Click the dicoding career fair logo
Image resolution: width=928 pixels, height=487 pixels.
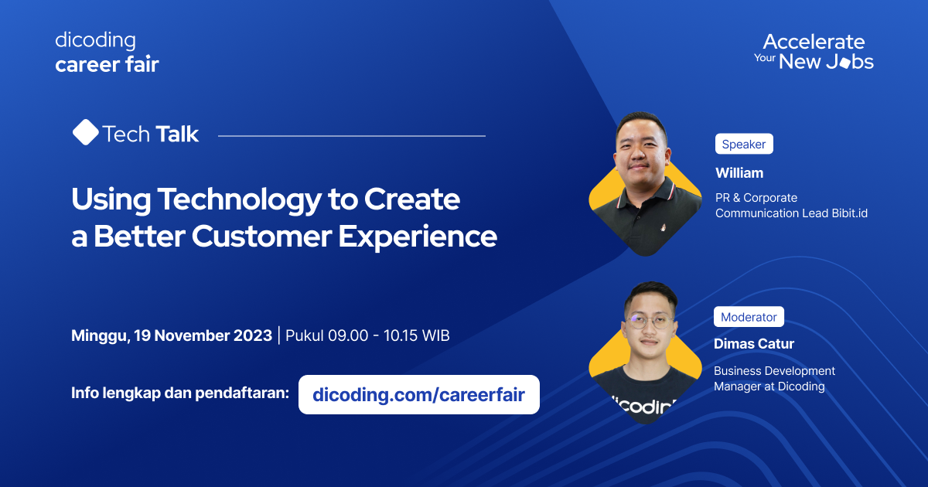coord(107,52)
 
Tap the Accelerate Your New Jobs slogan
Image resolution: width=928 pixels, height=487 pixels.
coord(814,52)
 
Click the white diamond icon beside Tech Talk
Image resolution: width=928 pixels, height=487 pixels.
coord(85,133)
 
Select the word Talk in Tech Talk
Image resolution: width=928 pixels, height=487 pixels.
coord(177,135)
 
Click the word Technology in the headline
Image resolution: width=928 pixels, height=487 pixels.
coord(237,200)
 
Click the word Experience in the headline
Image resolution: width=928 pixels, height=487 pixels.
coord(418,237)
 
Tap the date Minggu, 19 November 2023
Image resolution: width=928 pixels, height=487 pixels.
coord(172,335)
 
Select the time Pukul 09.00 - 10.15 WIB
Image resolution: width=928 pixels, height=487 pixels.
coord(367,335)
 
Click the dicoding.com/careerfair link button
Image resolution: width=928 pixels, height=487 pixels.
coord(418,395)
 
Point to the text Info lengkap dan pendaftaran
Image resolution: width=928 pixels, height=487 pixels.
coord(180,393)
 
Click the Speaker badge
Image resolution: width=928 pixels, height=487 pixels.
coord(743,144)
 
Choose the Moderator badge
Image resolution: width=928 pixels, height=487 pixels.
coord(749,317)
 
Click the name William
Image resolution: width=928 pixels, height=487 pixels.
coord(739,172)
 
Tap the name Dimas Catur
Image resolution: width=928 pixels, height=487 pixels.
coord(754,344)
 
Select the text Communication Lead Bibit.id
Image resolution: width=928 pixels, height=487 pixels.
coord(791,213)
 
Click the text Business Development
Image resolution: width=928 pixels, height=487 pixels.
coord(774,371)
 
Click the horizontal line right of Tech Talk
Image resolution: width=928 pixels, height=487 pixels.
coord(352,135)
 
